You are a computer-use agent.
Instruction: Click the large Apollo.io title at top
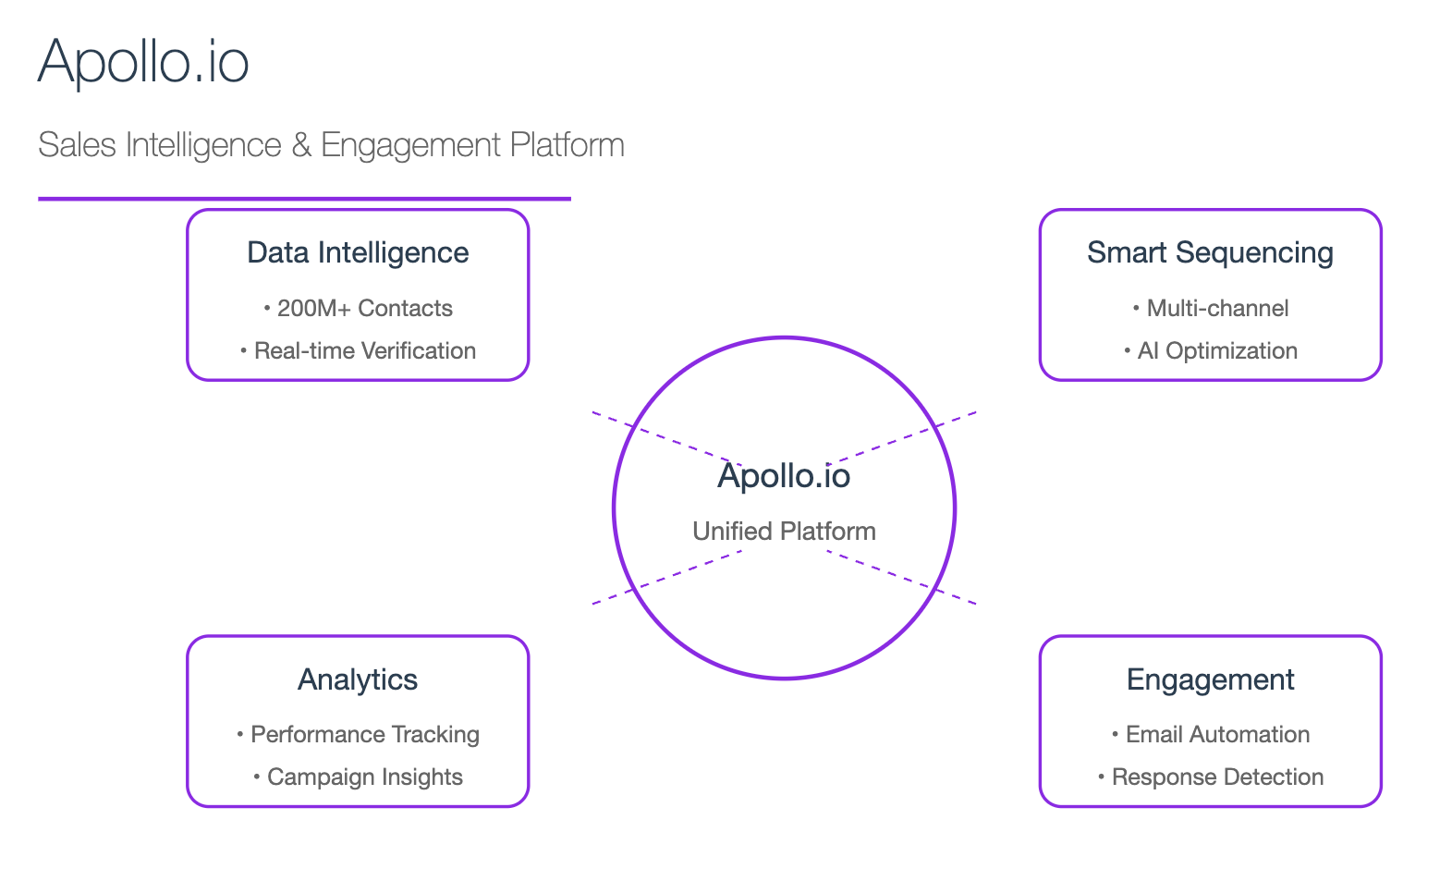coord(143,62)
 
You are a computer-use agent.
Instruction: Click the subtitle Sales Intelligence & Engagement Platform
coord(331,144)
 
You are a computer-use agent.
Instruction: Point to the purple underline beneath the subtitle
coord(305,199)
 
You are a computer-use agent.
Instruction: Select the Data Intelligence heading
coord(358,252)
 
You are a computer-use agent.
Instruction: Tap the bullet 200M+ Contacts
coord(358,308)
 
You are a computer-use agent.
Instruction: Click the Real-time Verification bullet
coord(358,350)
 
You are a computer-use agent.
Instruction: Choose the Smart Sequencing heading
coord(1210,252)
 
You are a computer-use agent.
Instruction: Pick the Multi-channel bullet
coord(1210,308)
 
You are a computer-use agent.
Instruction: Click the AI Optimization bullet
coord(1210,350)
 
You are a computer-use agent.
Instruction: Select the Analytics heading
coord(358,679)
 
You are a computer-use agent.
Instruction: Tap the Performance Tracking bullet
coord(358,735)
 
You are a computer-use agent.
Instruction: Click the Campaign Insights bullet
coord(358,777)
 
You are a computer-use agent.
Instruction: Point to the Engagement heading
coord(1210,680)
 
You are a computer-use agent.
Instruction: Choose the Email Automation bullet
coord(1210,735)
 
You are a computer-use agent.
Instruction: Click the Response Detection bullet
coord(1210,777)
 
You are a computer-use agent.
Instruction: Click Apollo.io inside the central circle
coord(784,476)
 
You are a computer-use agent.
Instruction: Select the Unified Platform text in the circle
coord(784,531)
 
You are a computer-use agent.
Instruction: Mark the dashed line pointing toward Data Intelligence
coord(667,437)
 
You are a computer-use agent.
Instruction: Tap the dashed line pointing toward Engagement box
coord(902,577)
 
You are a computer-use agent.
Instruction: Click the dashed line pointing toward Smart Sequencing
coord(902,437)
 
